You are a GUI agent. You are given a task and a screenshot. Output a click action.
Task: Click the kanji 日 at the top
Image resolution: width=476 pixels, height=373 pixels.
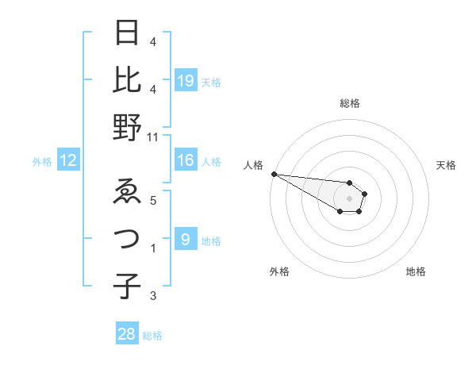click(127, 33)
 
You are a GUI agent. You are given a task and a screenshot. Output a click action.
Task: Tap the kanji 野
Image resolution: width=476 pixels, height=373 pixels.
click(127, 127)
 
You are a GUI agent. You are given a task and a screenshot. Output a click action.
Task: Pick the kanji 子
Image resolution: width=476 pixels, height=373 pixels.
click(127, 286)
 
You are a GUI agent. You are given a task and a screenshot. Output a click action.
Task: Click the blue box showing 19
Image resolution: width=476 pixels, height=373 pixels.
click(185, 80)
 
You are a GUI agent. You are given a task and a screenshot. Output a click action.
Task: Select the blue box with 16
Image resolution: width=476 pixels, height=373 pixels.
click(185, 161)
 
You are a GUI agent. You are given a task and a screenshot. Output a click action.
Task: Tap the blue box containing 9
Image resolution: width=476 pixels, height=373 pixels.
click(185, 239)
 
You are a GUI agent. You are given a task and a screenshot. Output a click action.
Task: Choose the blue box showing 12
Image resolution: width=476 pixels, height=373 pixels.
click(68, 161)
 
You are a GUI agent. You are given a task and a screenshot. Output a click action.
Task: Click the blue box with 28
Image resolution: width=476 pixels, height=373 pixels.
click(127, 334)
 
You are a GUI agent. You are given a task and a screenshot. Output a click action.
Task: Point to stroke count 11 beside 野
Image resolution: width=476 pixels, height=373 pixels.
click(153, 137)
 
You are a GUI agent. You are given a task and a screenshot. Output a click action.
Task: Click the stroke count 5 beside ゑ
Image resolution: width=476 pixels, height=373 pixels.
click(153, 200)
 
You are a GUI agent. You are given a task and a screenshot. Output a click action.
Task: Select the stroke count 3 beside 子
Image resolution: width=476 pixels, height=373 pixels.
click(153, 296)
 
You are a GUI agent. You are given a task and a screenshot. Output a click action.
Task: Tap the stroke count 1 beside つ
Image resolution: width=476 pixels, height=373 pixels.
click(153, 248)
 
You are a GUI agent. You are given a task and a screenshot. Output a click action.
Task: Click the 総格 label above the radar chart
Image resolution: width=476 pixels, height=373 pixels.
click(350, 104)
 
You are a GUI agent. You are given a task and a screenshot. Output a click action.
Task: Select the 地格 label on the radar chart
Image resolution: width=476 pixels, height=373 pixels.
click(416, 271)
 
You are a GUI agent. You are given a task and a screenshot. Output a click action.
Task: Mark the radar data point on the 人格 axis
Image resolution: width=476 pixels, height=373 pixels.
click(274, 174)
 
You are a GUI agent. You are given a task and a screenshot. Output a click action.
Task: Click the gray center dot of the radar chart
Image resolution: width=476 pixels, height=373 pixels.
click(350, 198)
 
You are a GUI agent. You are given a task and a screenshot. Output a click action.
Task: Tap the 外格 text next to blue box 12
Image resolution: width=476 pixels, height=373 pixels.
click(42, 162)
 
